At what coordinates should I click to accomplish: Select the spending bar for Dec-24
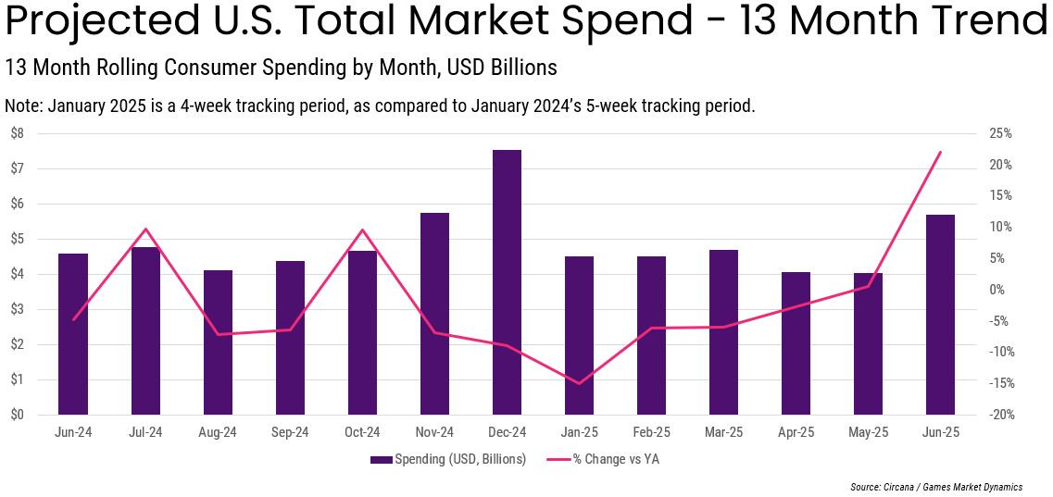507,282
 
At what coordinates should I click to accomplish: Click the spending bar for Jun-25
940,315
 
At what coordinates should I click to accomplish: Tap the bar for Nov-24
434,314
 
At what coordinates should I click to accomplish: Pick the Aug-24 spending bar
218,342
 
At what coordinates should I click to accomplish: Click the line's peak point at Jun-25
940,152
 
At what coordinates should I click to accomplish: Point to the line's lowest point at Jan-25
579,383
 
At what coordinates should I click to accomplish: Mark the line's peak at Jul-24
145,229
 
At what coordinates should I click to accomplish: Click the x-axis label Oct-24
362,432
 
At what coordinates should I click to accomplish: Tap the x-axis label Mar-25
723,432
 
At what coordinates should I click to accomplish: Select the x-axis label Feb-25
651,432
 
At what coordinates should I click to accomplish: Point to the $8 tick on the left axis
17,133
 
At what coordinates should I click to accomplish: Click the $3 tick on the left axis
17,309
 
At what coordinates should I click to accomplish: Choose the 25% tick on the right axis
1000,133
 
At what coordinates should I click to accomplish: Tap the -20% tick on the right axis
1000,415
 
